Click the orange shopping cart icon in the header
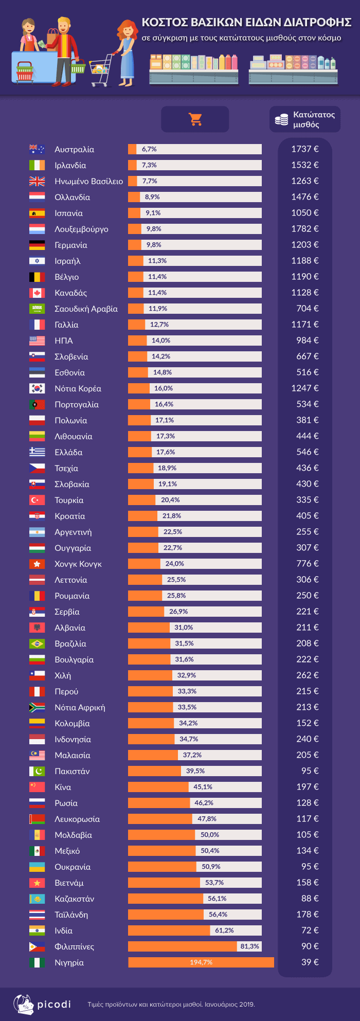pos(195,119)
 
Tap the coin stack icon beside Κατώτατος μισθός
pos(281,119)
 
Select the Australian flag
pos(37,149)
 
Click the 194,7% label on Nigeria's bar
pos(201,962)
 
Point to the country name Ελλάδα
pos(68,452)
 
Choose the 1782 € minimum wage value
pos(305,229)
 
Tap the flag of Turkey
pos(37,500)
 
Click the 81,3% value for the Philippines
pos(249,946)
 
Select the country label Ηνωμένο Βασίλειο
pos(88,181)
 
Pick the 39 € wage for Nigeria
pos(310,962)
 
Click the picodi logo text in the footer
pos(54,1004)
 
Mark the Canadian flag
pos(37,293)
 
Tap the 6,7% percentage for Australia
pos(149,149)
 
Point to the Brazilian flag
pos(37,643)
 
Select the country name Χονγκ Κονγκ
pos(78,564)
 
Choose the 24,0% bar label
pos(175,564)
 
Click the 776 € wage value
pos(307,564)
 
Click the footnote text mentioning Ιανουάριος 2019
pos(171,1004)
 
